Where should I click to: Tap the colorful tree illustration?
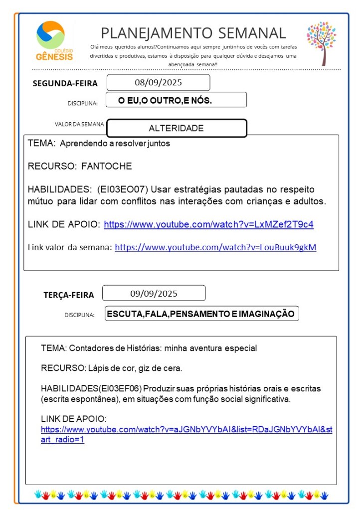click(x=322, y=43)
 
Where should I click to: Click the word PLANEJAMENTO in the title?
click(x=149, y=33)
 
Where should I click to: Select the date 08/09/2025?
click(x=158, y=82)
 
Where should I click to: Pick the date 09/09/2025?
click(x=154, y=293)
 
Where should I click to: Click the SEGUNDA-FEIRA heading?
click(x=65, y=83)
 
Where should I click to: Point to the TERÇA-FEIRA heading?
click(x=68, y=295)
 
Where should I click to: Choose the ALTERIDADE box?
click(x=177, y=128)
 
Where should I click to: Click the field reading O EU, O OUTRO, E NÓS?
click(x=165, y=100)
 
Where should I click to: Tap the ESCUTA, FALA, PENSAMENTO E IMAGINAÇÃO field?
click(x=201, y=314)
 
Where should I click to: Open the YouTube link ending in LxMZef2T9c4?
click(x=208, y=224)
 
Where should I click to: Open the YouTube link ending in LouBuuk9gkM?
click(x=215, y=247)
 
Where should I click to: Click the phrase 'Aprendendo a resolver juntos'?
click(x=115, y=144)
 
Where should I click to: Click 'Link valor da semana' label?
click(x=69, y=247)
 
